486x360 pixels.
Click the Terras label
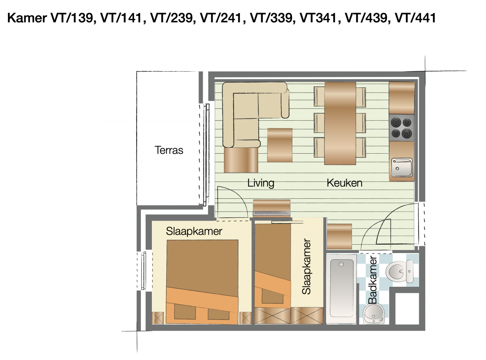point(169,150)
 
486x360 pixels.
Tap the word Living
point(260,183)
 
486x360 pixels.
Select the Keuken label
point(344,183)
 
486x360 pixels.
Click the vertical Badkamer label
point(373,280)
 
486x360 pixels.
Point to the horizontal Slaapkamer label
point(194,231)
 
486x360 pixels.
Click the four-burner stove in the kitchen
point(401,128)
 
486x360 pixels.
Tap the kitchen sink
point(402,167)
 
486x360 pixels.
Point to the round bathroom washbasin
point(375,314)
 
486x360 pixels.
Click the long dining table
point(340,123)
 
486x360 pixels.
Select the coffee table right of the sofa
point(280,145)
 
